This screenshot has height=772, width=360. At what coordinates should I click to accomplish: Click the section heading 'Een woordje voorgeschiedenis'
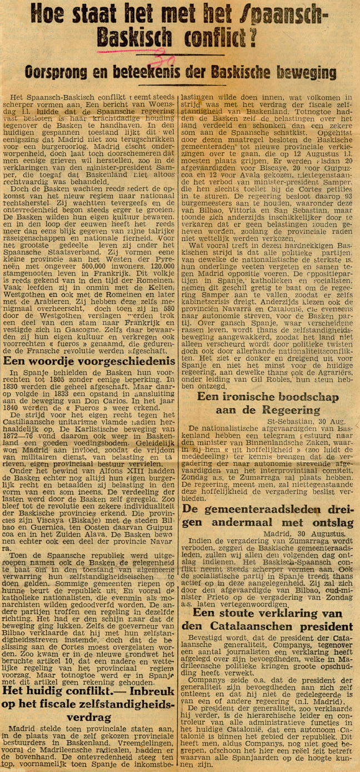(89, 362)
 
